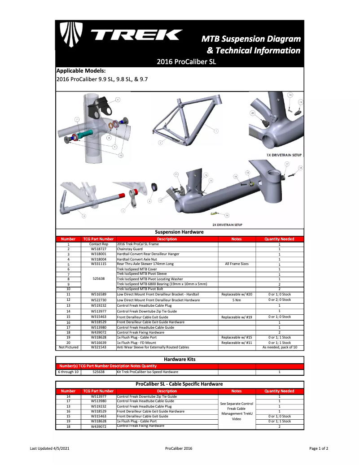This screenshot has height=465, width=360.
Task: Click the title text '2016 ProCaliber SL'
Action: tap(186, 62)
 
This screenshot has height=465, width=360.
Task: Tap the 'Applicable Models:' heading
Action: tap(81, 71)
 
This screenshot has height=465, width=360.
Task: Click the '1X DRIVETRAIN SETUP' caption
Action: tap(284, 155)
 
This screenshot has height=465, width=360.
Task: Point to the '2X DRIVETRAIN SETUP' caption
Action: tap(231, 225)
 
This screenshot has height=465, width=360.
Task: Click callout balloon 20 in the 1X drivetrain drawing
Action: tap(253, 113)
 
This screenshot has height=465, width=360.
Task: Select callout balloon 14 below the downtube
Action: tap(227, 215)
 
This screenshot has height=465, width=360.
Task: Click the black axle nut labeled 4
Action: tap(156, 187)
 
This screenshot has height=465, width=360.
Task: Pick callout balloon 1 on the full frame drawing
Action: tap(216, 131)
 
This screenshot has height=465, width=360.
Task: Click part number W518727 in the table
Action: tap(98, 249)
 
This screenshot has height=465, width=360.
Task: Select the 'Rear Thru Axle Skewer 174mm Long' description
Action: tap(145, 264)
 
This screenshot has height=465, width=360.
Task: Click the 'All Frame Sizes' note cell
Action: tap(237, 264)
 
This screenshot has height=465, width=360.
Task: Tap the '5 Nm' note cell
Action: tap(237, 300)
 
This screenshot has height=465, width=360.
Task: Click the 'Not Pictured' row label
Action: tap(68, 347)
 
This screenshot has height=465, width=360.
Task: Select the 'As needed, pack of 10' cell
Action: tap(279, 347)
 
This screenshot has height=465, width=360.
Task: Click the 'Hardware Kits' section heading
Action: tap(180, 359)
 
